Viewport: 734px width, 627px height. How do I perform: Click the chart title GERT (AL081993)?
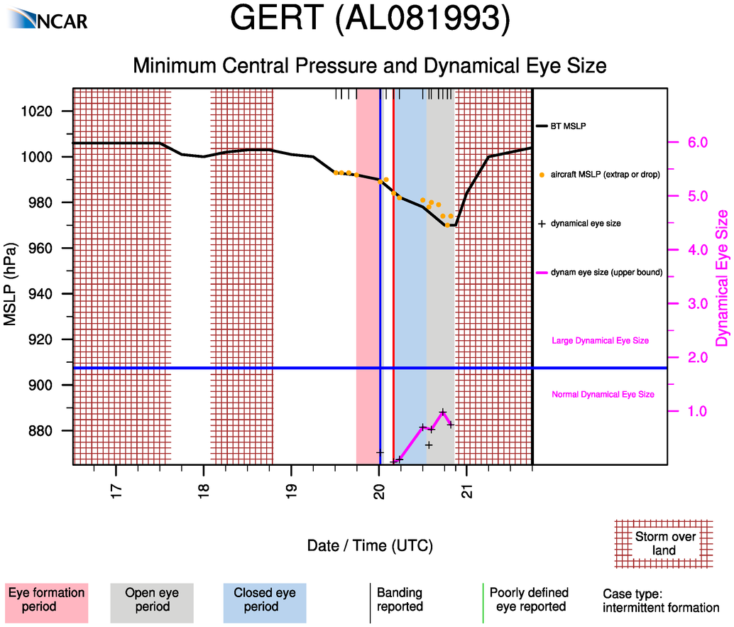pyautogui.click(x=371, y=20)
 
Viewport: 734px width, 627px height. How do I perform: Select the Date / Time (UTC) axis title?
pyautogui.click(x=370, y=545)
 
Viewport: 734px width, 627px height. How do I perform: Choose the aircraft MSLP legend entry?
pyautogui.click(x=605, y=175)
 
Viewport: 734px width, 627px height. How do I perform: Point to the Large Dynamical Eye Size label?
pyautogui.click(x=600, y=341)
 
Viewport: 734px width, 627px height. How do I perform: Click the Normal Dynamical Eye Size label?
pyautogui.click(x=603, y=394)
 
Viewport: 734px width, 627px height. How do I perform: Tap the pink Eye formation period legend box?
pyautogui.click(x=46, y=600)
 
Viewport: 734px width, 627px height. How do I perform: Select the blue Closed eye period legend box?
pyautogui.click(x=264, y=600)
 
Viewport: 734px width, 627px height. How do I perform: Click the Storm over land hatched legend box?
pyautogui.click(x=664, y=543)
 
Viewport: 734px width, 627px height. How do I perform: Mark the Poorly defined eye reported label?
pyautogui.click(x=529, y=600)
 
